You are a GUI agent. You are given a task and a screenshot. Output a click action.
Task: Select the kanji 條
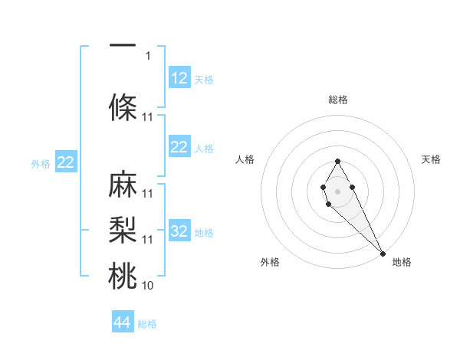(123, 108)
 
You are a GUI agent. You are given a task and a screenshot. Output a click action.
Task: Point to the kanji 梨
(123, 230)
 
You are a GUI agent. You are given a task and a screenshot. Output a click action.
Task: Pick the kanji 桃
(123, 277)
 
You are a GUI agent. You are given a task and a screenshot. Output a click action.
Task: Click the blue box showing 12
(179, 78)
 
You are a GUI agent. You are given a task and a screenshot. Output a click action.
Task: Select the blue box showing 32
(179, 231)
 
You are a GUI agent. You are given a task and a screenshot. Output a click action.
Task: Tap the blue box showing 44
(123, 322)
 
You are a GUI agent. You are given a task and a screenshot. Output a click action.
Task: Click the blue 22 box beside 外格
(66, 162)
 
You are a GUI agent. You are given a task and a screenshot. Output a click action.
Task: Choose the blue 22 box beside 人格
(179, 147)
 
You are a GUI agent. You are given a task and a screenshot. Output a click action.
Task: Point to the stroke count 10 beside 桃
(148, 286)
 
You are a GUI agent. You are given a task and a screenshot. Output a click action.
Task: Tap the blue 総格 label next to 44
(147, 324)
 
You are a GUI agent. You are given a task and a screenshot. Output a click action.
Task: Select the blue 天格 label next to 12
(204, 80)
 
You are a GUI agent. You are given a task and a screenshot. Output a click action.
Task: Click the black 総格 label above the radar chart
(337, 100)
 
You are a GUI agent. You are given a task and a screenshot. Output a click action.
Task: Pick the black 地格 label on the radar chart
(402, 262)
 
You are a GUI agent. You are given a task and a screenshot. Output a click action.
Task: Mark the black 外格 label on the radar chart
(270, 262)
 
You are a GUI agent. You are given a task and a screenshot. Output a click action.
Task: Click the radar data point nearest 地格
(383, 254)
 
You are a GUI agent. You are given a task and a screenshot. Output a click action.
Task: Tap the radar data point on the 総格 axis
(337, 161)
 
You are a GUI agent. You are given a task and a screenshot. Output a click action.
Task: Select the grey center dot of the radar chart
(337, 190)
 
